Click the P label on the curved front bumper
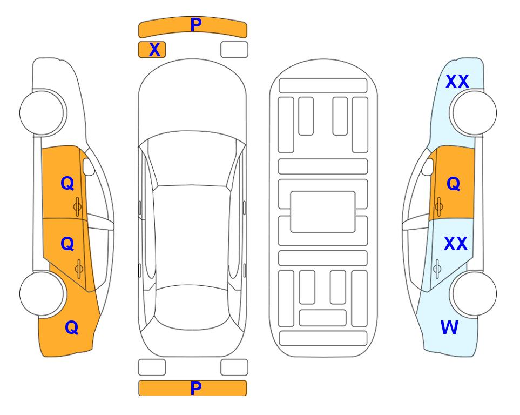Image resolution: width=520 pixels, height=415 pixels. coord(196,24)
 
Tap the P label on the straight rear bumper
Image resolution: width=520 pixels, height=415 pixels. coord(196,388)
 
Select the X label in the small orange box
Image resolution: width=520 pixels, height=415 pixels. coord(154,50)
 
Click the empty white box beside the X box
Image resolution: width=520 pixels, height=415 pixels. coord(234,50)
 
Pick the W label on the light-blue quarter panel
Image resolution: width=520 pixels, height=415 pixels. coord(449,327)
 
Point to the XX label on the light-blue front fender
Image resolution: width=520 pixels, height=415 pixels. coord(457,82)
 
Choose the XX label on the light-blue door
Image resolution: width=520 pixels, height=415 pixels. coord(456,244)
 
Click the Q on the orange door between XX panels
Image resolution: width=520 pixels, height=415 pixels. coord(454,184)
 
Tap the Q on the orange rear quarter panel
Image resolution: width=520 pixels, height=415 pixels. coord(71,327)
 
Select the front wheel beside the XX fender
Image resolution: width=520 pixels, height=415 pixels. coord(473,113)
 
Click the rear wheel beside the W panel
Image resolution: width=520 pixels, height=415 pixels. coord(473,293)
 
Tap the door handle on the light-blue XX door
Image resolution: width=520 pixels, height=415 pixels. coord(437,269)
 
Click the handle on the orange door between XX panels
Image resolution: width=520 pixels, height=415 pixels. coord(439,207)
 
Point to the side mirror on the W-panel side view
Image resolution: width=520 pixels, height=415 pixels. coord(428,166)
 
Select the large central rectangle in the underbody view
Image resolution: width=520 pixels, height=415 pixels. coord(323,212)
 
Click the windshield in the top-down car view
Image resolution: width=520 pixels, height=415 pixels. coord(192,159)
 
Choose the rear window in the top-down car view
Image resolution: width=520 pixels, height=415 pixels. coord(192,307)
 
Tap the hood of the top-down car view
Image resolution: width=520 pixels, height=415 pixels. coord(192,99)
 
